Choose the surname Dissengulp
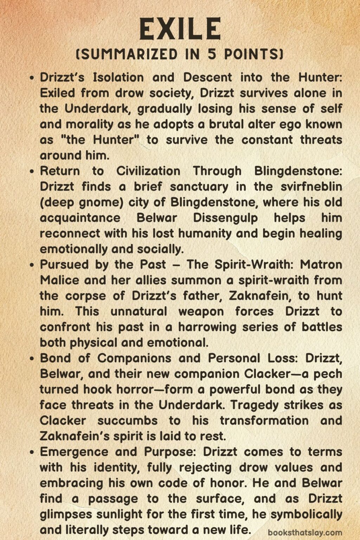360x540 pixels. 225,218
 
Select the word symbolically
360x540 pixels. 307,514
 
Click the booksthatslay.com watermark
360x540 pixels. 305,533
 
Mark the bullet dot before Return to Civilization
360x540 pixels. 32,171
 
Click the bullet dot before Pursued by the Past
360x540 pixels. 32,265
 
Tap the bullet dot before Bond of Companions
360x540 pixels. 32,358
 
